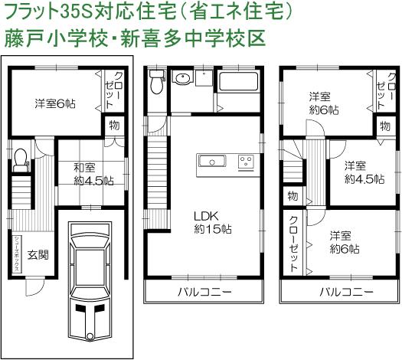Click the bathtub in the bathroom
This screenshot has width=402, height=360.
pyautogui.click(x=239, y=85)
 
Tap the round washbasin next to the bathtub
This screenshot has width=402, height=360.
pyautogui.click(x=184, y=80)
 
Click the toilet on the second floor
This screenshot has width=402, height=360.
pyautogui.click(x=157, y=80)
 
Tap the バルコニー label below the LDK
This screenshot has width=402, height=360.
pyautogui.click(x=201, y=293)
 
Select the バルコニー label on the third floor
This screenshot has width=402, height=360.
pyautogui.click(x=347, y=293)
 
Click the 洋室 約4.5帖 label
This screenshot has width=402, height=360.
pyautogui.click(x=355, y=173)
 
